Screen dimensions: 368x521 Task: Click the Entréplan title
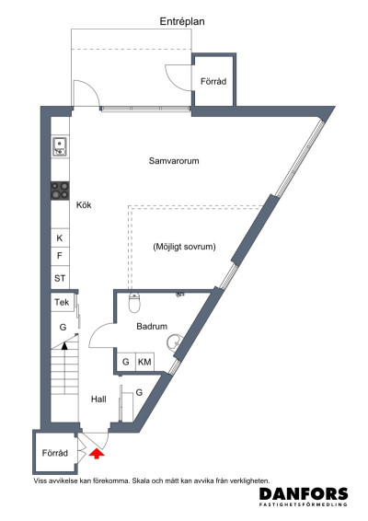coord(182,21)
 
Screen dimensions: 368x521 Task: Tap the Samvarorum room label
coord(174,161)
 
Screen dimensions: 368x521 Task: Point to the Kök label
coord(84,204)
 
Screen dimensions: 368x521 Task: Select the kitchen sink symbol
coord(60,146)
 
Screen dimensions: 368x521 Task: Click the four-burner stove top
coord(60,191)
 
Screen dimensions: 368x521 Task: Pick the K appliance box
coord(60,237)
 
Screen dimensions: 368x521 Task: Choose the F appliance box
coord(60,256)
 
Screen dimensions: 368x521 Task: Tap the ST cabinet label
coord(60,278)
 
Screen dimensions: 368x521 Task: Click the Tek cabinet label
coord(62,302)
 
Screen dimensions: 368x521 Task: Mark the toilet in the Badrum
coord(134,302)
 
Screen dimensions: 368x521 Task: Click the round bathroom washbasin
coord(175,342)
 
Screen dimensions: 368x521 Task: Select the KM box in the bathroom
coord(144,362)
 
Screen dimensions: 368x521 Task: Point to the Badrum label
coord(152,326)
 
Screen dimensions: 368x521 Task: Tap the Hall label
coord(98,399)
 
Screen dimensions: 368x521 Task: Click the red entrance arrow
coord(97,454)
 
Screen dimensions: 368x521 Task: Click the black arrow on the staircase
coord(64,346)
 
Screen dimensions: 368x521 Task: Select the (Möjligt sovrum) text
coord(184,247)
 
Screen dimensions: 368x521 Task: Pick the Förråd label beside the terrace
coord(213,81)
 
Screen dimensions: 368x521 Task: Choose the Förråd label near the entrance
coord(55,453)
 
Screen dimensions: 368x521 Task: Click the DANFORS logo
coord(304,496)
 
